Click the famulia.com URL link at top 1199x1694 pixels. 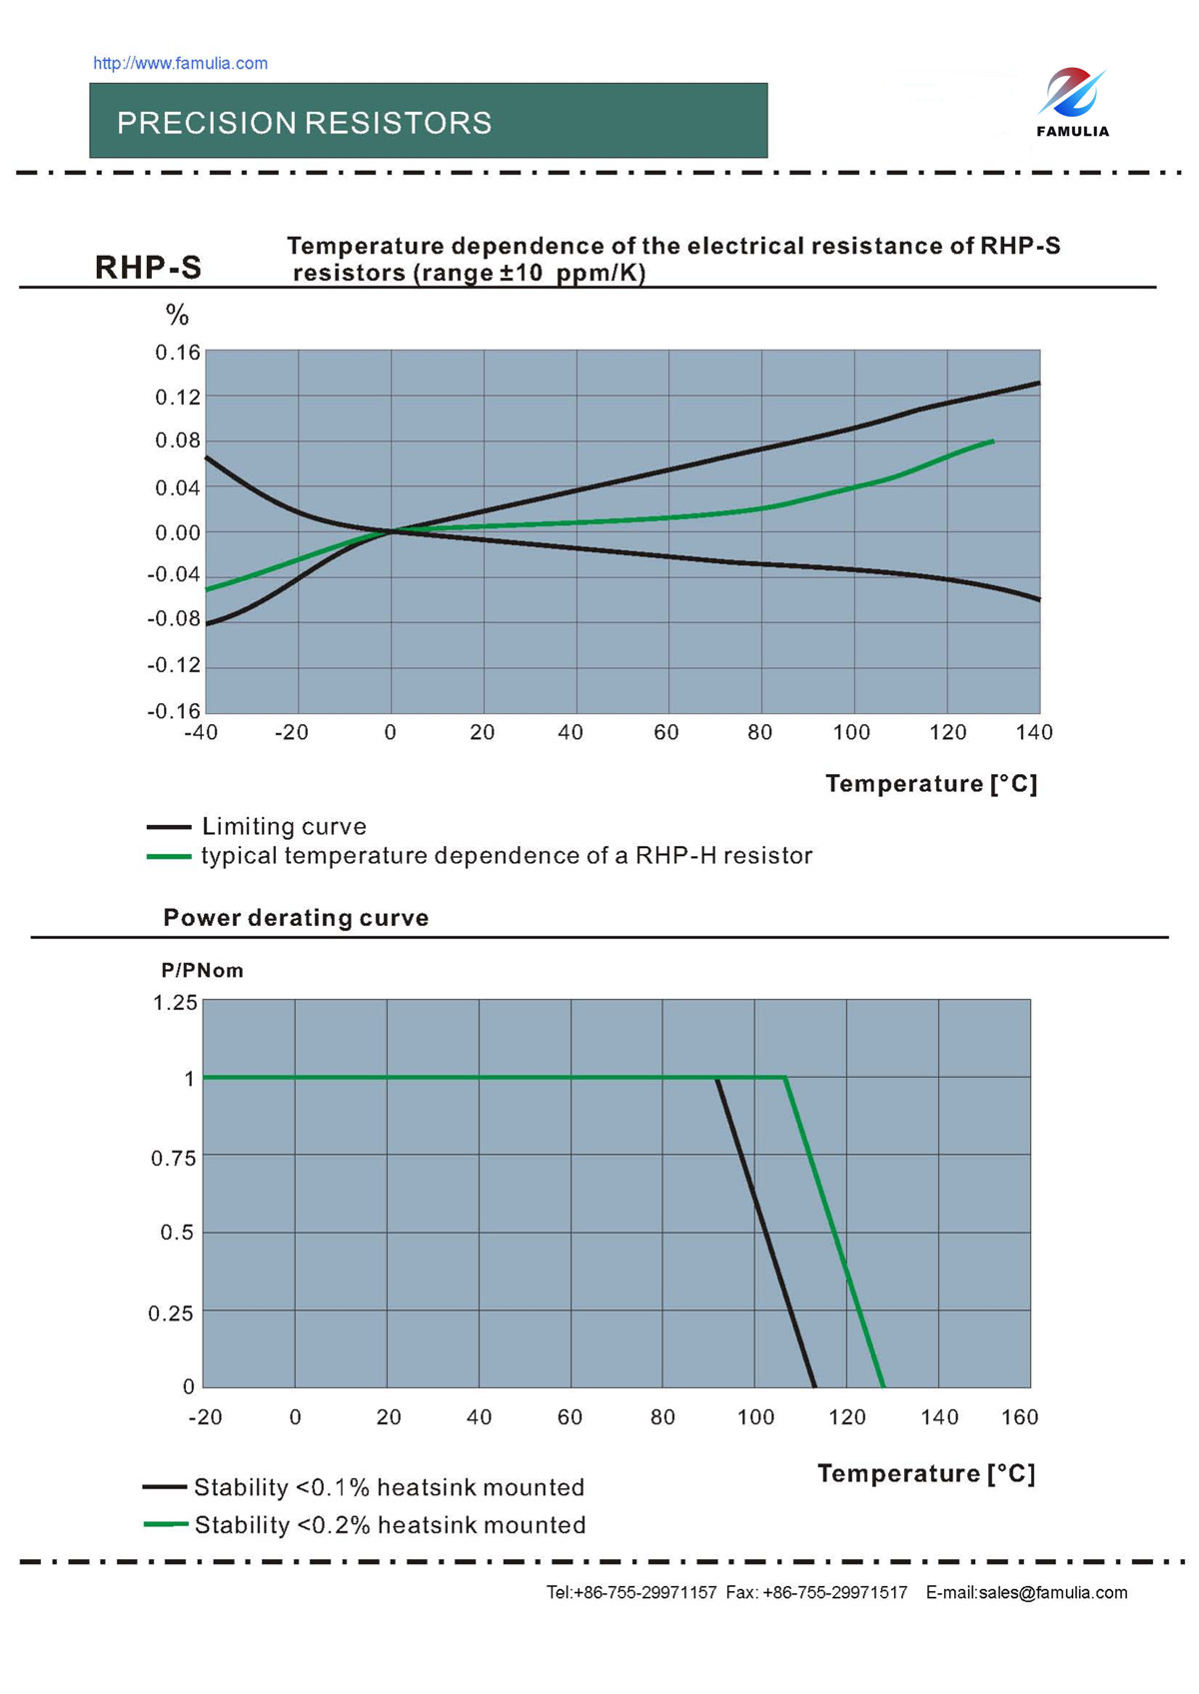(x=180, y=63)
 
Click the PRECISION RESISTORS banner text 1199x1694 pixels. (x=304, y=123)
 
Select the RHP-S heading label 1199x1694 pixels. (x=148, y=268)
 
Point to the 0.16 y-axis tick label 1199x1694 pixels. (x=177, y=353)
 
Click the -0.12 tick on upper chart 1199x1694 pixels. (x=174, y=665)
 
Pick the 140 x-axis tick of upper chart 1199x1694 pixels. (x=1034, y=732)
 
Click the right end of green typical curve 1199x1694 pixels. (x=992, y=440)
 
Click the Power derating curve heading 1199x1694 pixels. (x=296, y=918)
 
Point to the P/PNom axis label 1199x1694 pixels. (x=202, y=971)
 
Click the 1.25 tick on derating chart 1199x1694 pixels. (x=175, y=1003)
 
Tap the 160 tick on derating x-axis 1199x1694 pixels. (x=1019, y=1416)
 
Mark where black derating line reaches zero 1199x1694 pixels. (x=815, y=1386)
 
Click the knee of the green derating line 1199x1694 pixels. (x=785, y=1078)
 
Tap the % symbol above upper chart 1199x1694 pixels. (x=177, y=316)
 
